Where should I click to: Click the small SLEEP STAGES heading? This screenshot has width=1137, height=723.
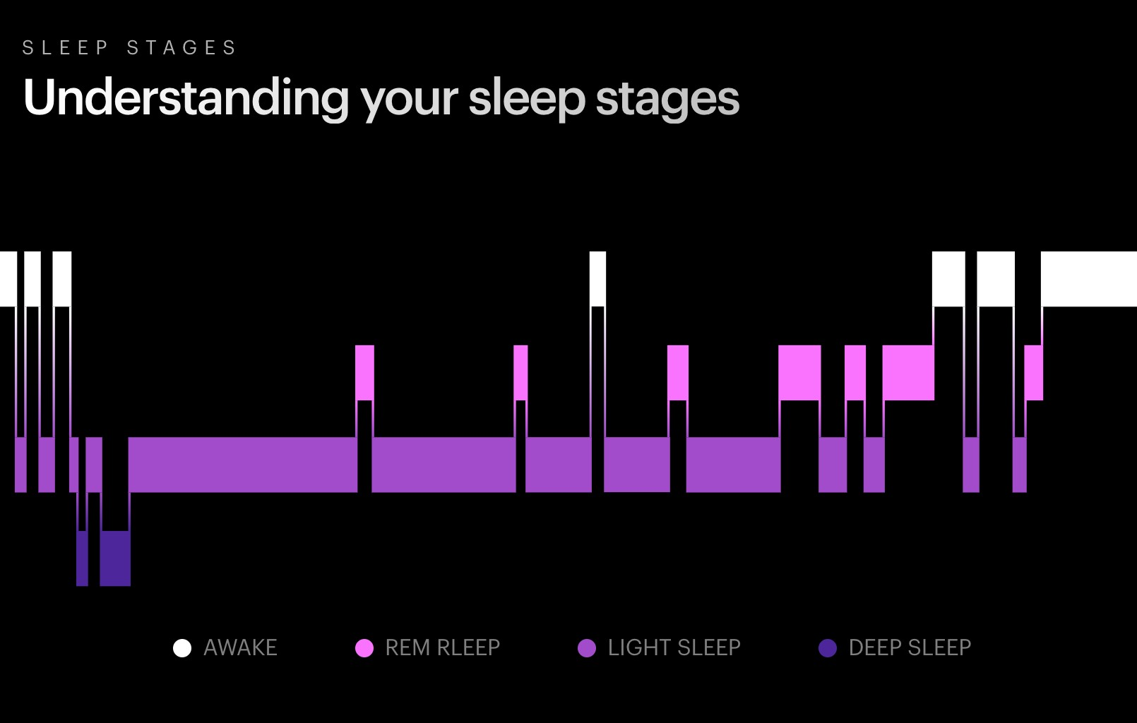coord(129,48)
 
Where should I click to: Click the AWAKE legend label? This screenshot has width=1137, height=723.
coord(241,648)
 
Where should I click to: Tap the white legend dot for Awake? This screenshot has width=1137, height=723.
coord(182,648)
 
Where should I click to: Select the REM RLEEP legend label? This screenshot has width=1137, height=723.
coord(443,648)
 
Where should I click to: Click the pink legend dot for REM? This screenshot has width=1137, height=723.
coord(364,648)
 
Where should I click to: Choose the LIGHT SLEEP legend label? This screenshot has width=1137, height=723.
coord(674,648)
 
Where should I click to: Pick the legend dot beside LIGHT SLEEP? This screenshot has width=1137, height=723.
coord(587,648)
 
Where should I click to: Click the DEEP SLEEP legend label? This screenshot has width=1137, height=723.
coord(910,648)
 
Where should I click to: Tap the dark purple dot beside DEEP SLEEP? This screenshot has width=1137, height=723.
coord(828,648)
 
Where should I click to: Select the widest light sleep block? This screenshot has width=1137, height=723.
coord(243,465)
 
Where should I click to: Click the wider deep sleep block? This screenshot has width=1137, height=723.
coord(115,558)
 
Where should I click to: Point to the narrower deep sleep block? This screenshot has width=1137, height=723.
coord(82,558)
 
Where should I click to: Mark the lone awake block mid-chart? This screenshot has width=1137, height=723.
coord(598,279)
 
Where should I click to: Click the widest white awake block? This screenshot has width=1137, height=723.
coord(1089,279)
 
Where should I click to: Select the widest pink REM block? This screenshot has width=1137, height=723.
coord(908,373)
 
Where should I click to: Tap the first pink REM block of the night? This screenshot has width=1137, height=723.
coord(364,373)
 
